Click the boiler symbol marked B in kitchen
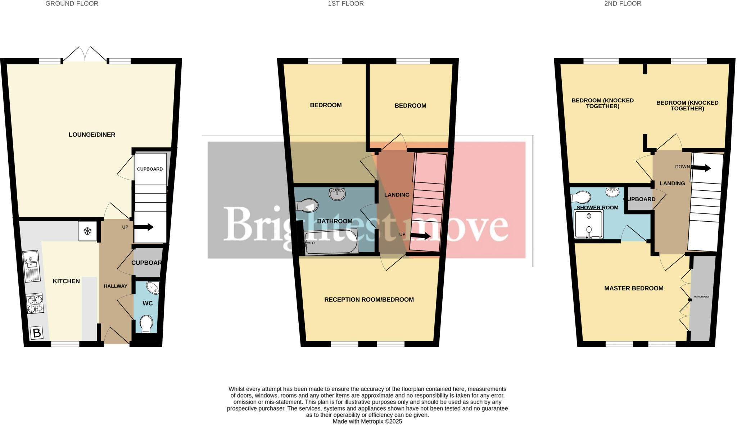(x=36, y=333)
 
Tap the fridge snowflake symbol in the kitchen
(x=87, y=231)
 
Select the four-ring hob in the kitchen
(x=35, y=303)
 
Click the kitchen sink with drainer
(x=31, y=266)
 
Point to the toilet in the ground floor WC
(x=146, y=324)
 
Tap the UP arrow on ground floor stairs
(x=144, y=227)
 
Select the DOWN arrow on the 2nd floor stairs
(x=700, y=168)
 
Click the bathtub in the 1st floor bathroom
(x=331, y=243)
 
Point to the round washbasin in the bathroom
(x=337, y=194)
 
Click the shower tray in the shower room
(x=589, y=225)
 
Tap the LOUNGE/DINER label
(x=92, y=135)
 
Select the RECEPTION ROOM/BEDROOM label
(x=369, y=299)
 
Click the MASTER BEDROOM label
(x=634, y=288)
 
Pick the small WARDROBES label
(x=701, y=297)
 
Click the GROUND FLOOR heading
(x=72, y=4)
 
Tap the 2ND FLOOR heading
(x=623, y=4)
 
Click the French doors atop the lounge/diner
(x=85, y=55)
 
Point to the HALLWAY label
(x=116, y=286)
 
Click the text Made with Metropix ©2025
(x=367, y=421)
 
